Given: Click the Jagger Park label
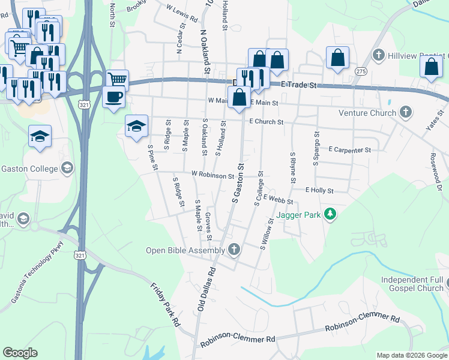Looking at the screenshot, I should [x=299, y=214].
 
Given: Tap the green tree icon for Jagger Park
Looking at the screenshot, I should [x=329, y=214].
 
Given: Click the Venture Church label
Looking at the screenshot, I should [x=367, y=113].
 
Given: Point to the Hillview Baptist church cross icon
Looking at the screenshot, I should [x=378, y=56].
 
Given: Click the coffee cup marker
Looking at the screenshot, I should [x=113, y=96].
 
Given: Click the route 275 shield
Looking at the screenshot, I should [x=360, y=71].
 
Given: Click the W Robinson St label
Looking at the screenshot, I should [x=212, y=175].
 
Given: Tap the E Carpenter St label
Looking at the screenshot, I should [x=349, y=149].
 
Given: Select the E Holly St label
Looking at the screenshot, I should [x=319, y=190].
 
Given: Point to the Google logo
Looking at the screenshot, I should [x=20, y=353].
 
